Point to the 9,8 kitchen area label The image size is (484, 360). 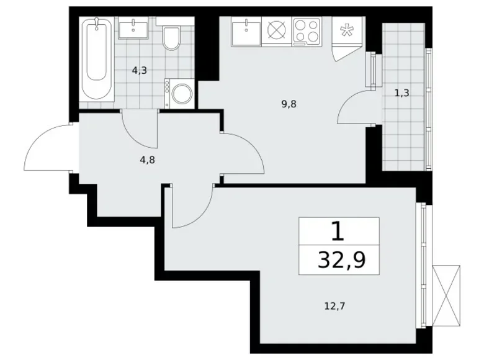pos(290,104)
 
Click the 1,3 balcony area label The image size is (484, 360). pos(401,94)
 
